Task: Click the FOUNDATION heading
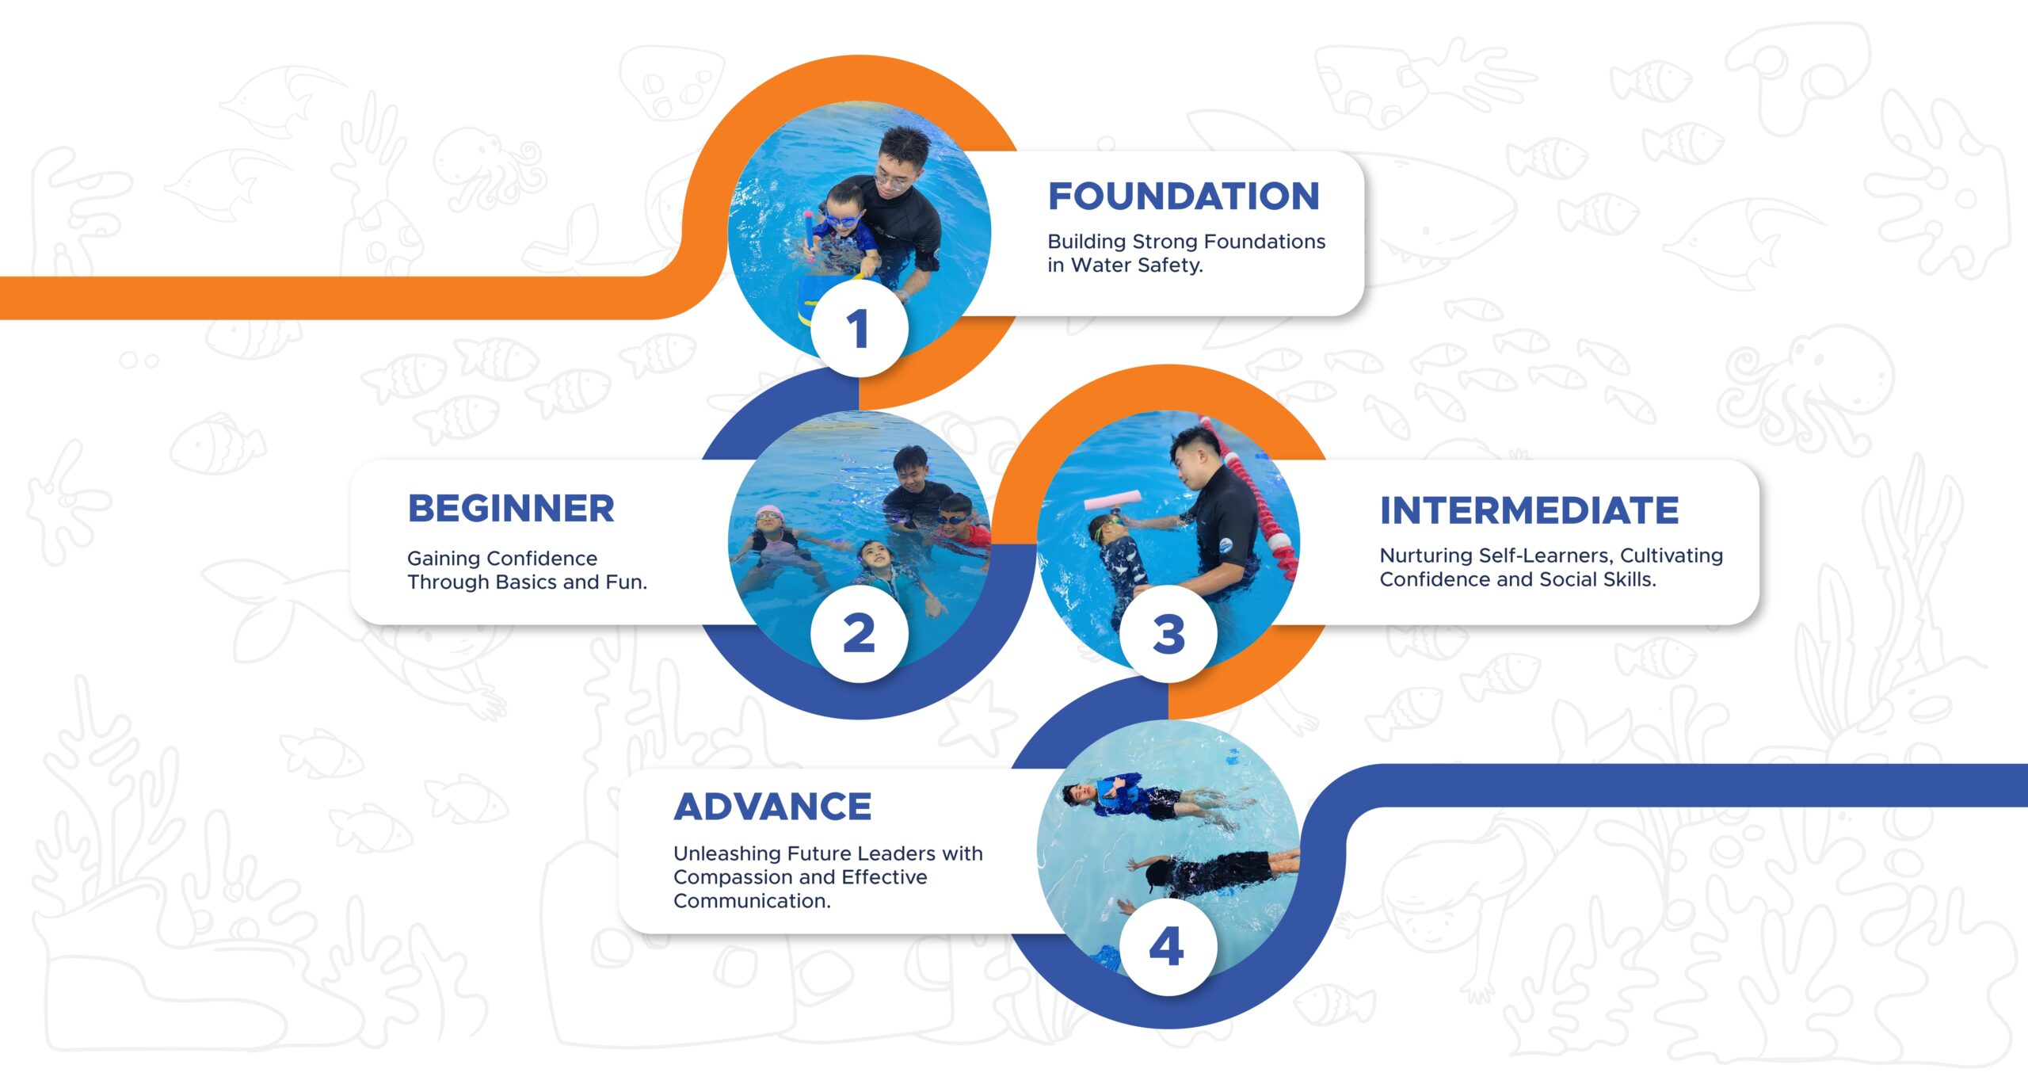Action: coord(1184,197)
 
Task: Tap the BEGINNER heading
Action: coord(511,509)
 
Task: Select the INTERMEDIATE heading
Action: coord(1529,510)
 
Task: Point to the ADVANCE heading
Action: coord(772,807)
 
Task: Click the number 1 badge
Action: coord(859,329)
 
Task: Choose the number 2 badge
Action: coord(859,634)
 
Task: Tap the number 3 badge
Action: coord(1168,634)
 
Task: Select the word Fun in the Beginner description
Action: coord(626,582)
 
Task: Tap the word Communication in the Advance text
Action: coord(751,901)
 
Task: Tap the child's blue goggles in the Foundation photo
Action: coord(841,219)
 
